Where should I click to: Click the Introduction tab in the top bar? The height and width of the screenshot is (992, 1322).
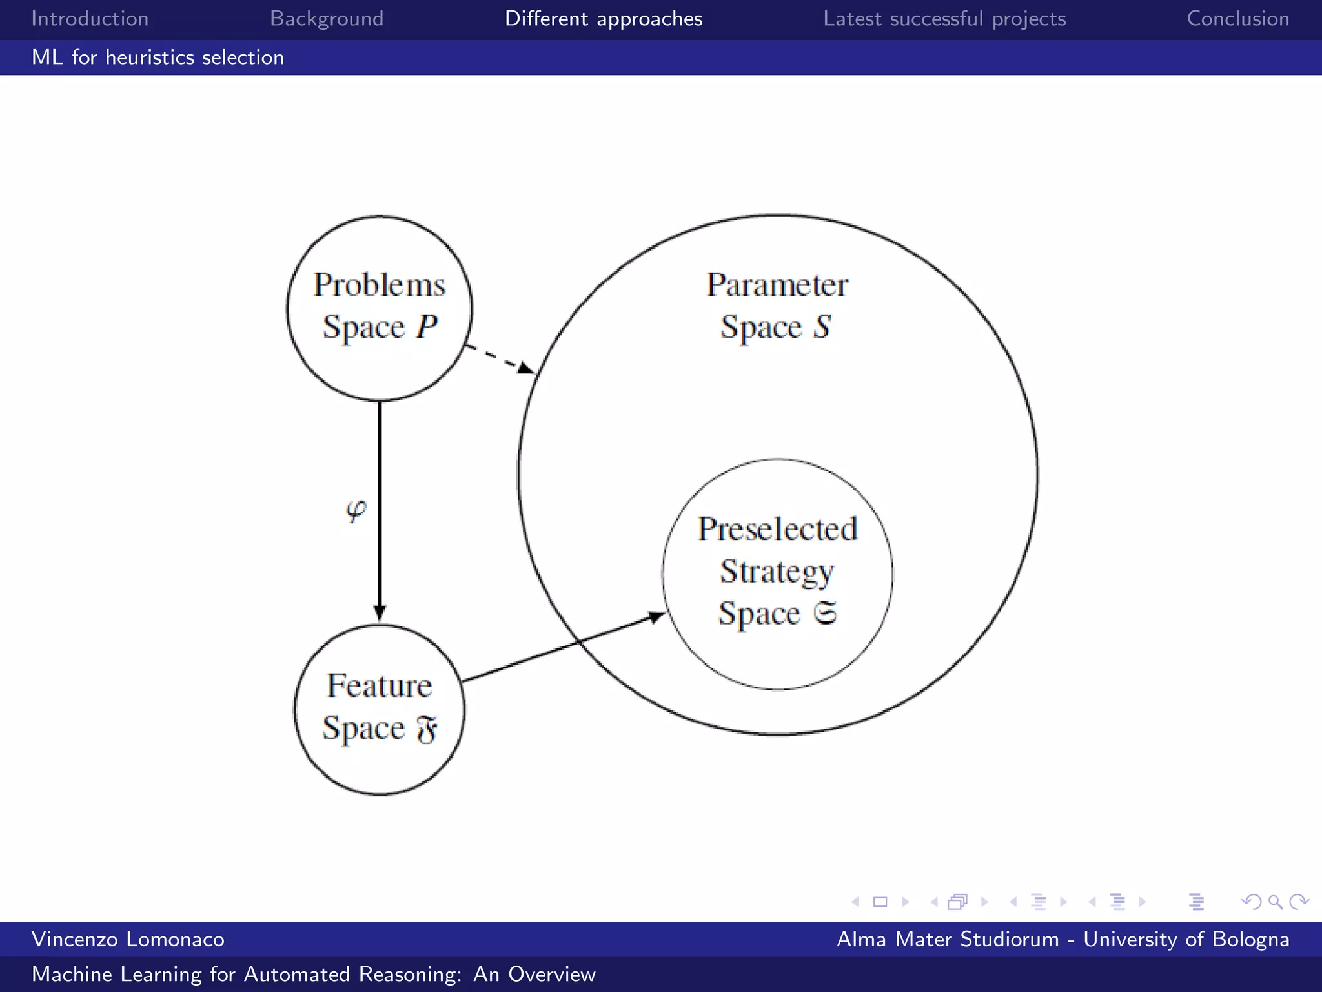(90, 19)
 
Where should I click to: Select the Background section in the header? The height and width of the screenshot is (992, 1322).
(327, 19)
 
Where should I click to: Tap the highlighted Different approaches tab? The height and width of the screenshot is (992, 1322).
(604, 19)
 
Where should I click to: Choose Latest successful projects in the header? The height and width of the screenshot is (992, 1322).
(944, 19)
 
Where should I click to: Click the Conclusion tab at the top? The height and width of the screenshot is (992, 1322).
(1238, 19)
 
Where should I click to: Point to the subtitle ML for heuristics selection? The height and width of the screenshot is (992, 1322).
(158, 57)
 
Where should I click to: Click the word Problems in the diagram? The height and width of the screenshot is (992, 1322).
(380, 285)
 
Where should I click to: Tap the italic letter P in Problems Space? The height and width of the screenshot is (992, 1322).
(427, 327)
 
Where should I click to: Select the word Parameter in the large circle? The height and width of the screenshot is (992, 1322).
(777, 285)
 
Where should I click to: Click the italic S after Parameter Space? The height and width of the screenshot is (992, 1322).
(821, 327)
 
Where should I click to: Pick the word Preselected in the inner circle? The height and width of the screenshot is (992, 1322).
(777, 529)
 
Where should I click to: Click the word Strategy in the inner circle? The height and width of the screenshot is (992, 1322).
(777, 572)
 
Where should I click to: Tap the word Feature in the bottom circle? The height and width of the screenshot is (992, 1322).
(380, 685)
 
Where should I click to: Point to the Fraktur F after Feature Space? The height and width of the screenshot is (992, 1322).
(427, 730)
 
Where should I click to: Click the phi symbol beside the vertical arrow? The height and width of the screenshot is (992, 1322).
(356, 511)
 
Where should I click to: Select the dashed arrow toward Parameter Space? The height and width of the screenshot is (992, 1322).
(499, 358)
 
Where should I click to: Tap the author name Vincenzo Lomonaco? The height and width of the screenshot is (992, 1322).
(128, 939)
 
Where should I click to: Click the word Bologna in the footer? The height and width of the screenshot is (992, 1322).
(1250, 939)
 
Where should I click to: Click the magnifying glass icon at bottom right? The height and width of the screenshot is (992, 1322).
(1275, 902)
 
